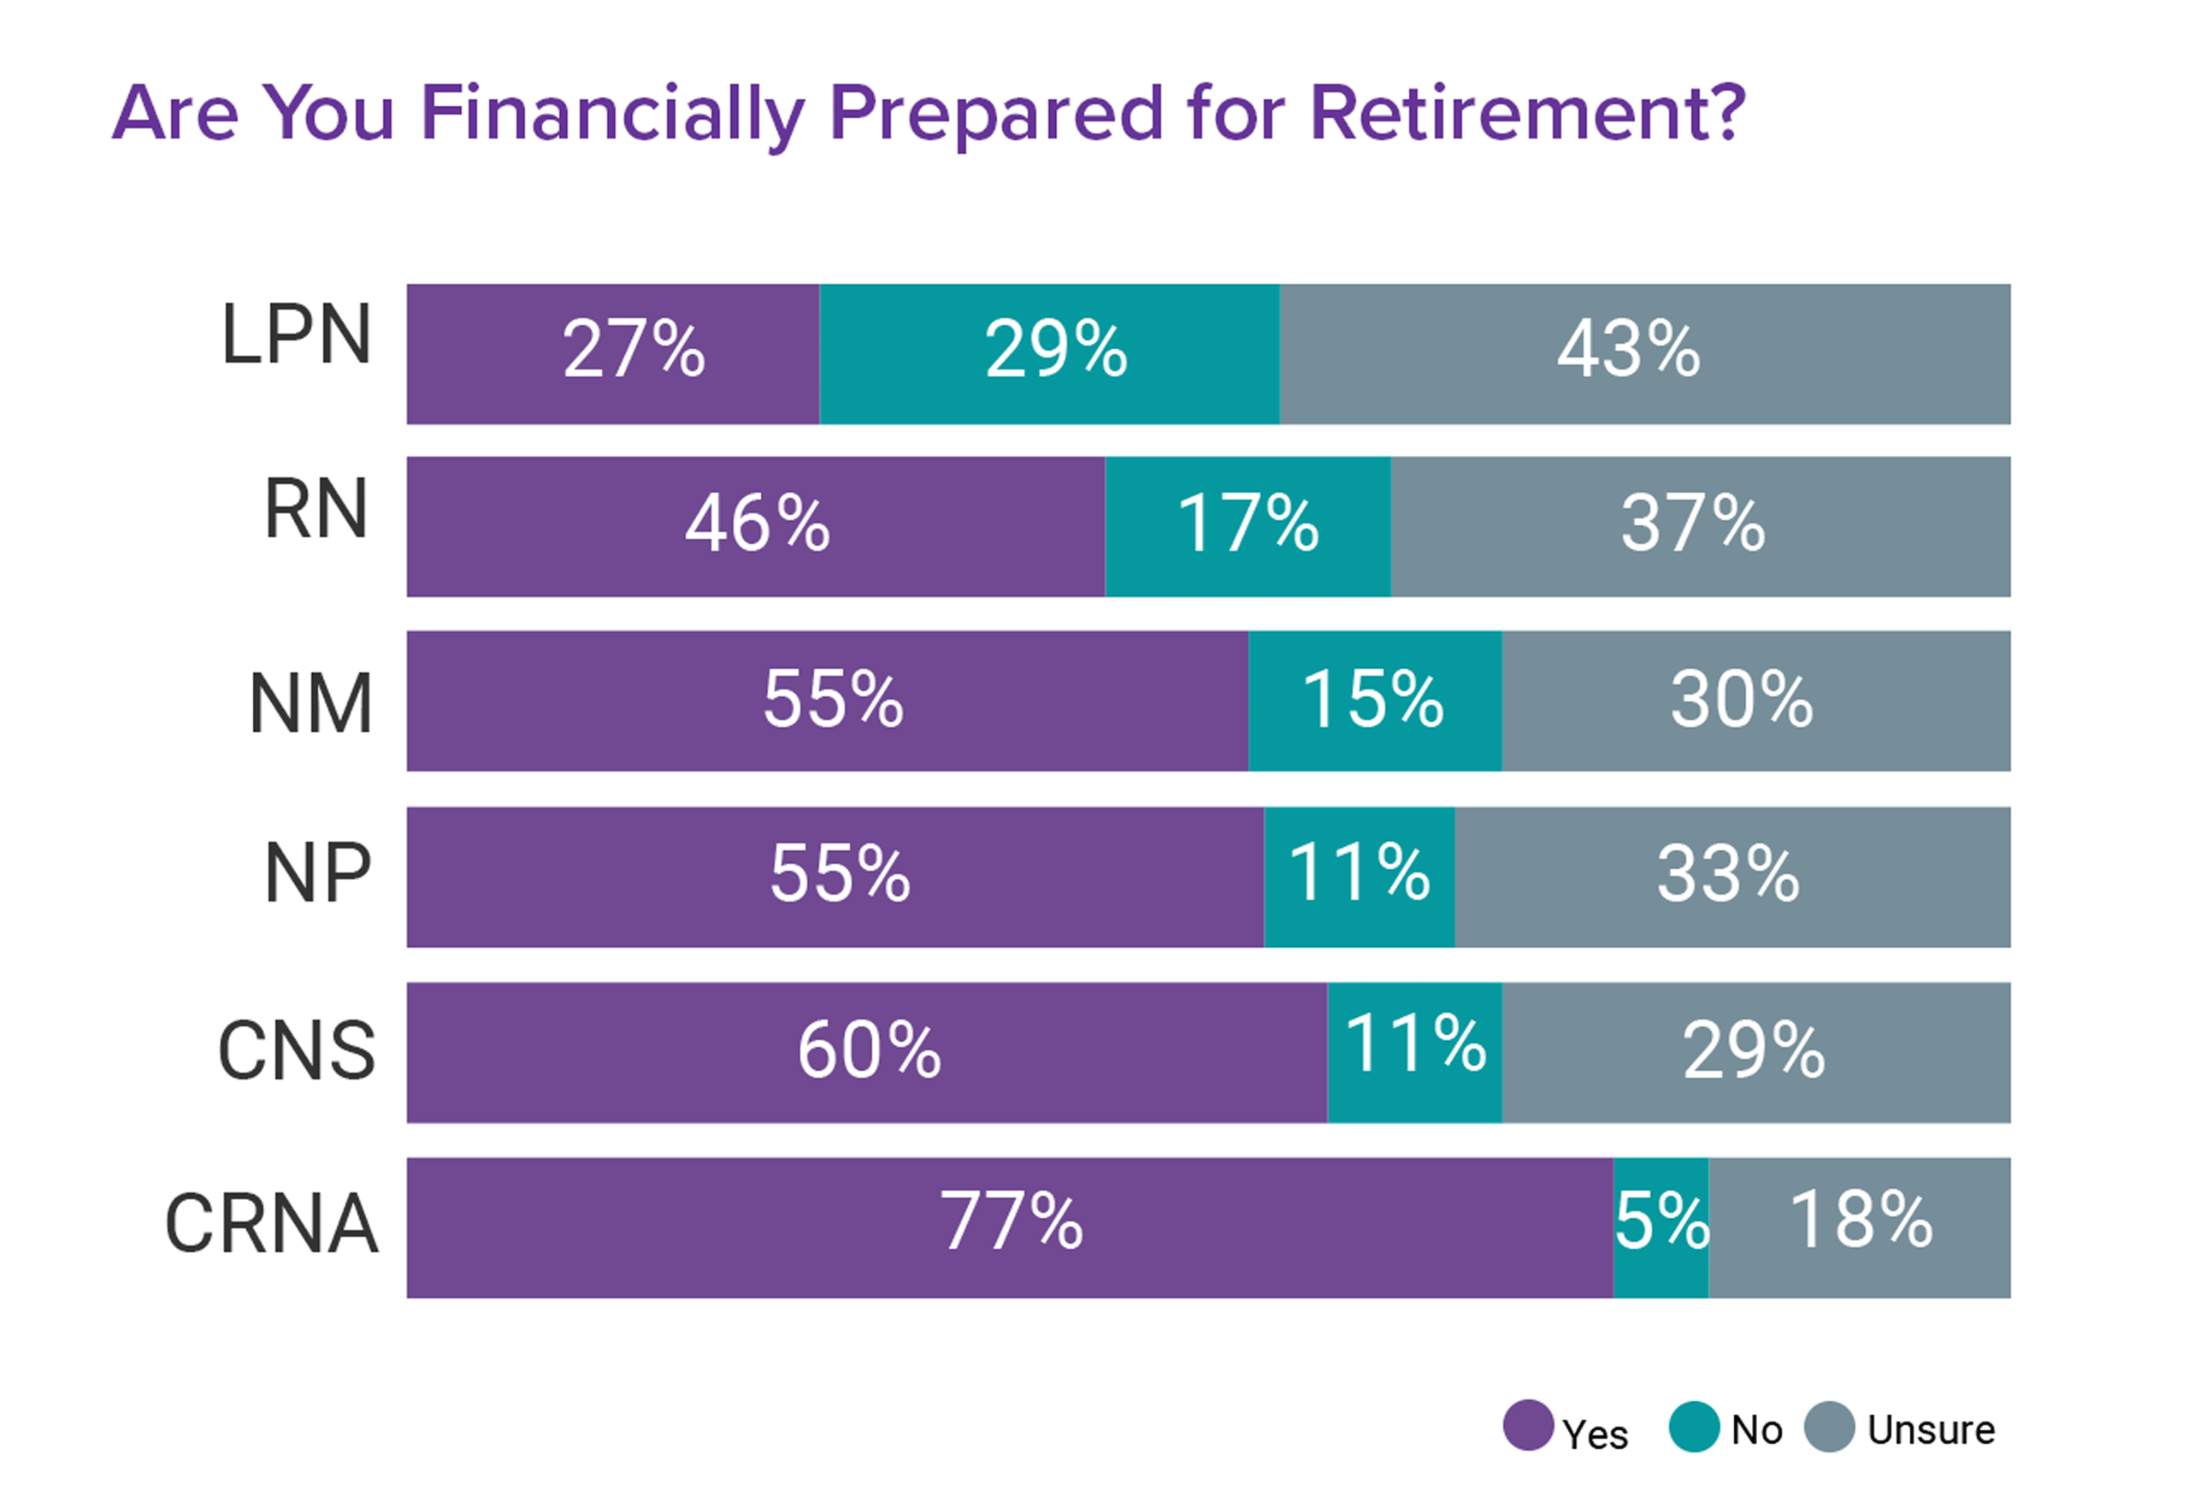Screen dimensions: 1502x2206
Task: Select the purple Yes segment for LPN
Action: tap(612, 353)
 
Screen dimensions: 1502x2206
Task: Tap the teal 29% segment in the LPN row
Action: tap(1049, 353)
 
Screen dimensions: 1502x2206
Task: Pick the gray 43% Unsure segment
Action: tap(1644, 353)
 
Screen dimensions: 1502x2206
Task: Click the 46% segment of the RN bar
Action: tap(756, 527)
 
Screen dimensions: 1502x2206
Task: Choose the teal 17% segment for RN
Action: tap(1248, 527)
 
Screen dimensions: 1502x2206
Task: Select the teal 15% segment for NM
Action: tap(1375, 701)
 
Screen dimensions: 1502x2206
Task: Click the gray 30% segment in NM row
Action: tap(1755, 701)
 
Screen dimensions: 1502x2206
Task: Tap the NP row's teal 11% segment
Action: tap(1359, 877)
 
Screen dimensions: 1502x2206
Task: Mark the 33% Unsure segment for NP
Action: tap(1731, 877)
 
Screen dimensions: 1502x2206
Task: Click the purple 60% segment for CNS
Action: tap(867, 1052)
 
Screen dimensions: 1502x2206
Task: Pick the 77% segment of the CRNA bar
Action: tap(1009, 1227)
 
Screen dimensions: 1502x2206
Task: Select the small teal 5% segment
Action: tap(1660, 1227)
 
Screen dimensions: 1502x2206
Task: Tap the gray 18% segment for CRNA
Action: tap(1859, 1227)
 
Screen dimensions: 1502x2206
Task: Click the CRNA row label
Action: tap(272, 1225)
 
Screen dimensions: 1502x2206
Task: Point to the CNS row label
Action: tap(296, 1051)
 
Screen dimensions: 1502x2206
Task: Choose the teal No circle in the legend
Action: tap(1694, 1426)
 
